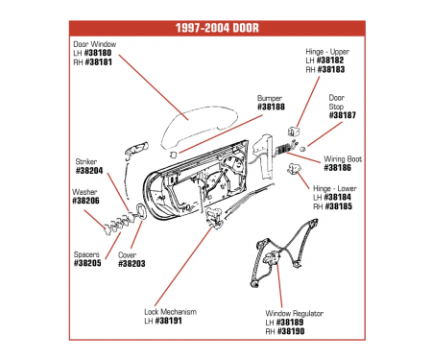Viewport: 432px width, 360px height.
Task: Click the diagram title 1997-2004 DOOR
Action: (217, 28)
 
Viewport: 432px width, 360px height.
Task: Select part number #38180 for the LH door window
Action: (98, 53)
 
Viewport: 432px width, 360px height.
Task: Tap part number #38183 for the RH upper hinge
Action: (331, 69)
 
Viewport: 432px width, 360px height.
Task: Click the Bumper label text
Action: (270, 98)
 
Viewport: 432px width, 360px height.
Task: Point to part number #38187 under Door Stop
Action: (343, 115)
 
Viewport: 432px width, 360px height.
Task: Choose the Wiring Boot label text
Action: (343, 159)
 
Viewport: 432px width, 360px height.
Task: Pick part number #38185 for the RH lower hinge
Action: (338, 206)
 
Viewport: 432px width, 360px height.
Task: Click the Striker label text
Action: (86, 161)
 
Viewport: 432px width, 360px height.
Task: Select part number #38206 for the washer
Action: (85, 201)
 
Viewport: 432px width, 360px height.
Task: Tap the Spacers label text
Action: (86, 254)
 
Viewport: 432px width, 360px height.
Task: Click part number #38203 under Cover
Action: (132, 264)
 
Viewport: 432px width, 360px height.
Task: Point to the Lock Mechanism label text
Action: (170, 312)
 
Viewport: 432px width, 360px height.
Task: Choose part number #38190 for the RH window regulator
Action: (291, 331)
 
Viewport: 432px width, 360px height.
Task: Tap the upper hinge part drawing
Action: (294, 132)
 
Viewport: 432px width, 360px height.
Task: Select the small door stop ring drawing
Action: (302, 149)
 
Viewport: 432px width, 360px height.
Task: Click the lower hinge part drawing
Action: (293, 168)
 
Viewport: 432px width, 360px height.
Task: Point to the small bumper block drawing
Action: (173, 154)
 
